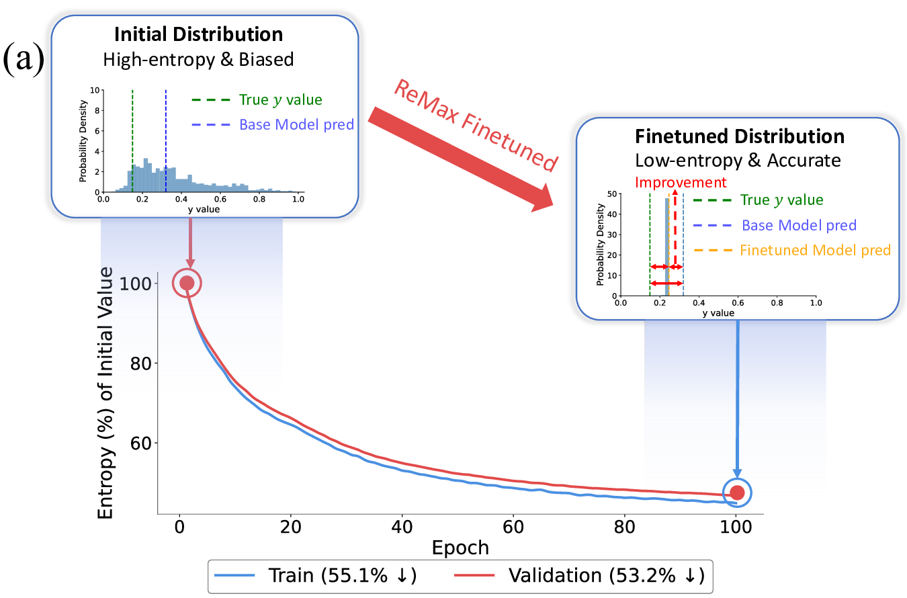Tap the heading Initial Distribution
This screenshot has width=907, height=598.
[x=198, y=34]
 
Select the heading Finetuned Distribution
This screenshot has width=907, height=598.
[x=739, y=136]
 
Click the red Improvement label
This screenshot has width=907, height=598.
[x=681, y=183]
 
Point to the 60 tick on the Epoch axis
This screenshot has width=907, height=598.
[x=513, y=525]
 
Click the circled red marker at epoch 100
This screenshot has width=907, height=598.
[x=737, y=493]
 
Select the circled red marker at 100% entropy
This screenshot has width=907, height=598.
[x=187, y=283]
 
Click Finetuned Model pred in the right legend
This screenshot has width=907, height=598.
[x=815, y=250]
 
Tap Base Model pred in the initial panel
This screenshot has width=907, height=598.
[x=296, y=125]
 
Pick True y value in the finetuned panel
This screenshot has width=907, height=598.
[x=781, y=200]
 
